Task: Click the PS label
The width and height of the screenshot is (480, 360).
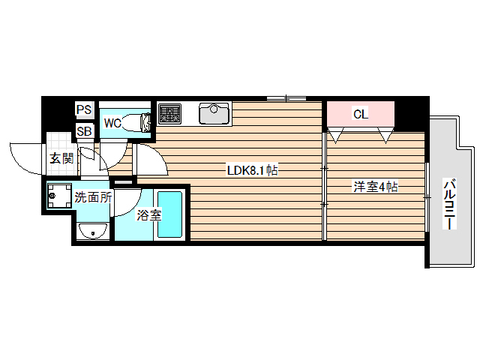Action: click(84, 109)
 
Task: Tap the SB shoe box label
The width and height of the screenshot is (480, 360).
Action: click(84, 132)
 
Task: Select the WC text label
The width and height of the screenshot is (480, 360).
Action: click(112, 122)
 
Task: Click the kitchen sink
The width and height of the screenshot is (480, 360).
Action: click(214, 114)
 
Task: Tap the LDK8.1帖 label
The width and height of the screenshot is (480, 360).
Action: click(253, 170)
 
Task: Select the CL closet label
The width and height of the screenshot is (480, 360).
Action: click(360, 115)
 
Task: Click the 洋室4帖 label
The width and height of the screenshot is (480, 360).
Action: click(375, 187)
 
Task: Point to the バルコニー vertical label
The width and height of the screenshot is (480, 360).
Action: click(449, 203)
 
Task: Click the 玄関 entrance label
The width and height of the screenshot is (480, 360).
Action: click(61, 158)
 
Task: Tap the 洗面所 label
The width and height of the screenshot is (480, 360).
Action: click(93, 198)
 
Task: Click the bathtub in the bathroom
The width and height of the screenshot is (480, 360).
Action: click(169, 214)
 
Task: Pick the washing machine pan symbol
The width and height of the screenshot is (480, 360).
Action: click(57, 198)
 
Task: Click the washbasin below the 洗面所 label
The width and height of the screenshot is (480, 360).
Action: click(93, 230)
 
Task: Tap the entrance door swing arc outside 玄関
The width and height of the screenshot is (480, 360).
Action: click(26, 154)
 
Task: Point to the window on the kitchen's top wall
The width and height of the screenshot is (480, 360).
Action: click(286, 97)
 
